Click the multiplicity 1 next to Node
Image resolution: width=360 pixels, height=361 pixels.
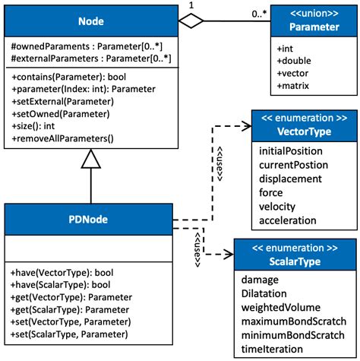(x=200, y=6)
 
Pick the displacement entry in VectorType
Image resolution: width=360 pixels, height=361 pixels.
(x=291, y=179)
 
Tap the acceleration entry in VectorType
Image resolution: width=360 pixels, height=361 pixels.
(x=288, y=220)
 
